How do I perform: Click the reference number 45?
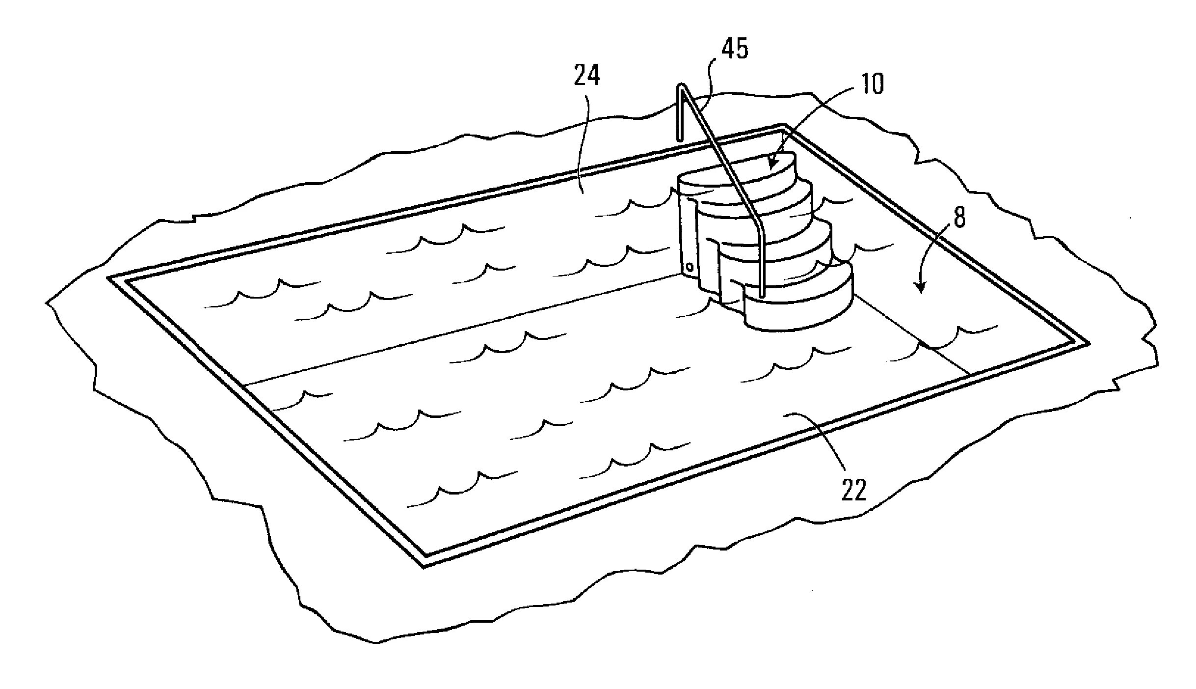point(735,49)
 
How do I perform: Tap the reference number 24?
point(587,77)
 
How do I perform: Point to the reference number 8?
point(959,218)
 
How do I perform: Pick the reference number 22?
point(854,490)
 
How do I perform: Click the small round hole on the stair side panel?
point(689,267)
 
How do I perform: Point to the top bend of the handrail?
point(681,87)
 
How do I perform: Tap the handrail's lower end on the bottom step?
point(761,295)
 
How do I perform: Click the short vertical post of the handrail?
point(680,115)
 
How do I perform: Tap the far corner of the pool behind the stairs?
point(783,127)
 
